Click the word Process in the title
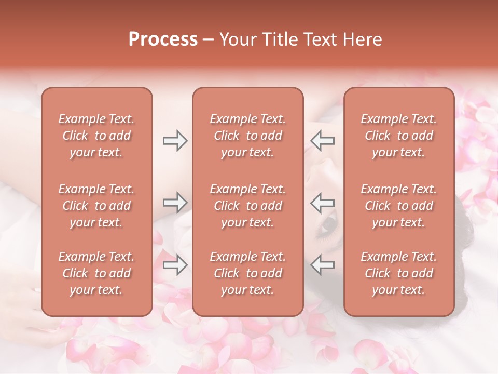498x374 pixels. [163, 39]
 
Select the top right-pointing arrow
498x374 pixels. [175, 141]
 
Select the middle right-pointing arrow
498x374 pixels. [175, 203]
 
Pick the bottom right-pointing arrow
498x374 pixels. [175, 265]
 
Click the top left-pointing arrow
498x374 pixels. [322, 141]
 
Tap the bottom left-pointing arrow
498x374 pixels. [322, 265]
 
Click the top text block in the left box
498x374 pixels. [96, 136]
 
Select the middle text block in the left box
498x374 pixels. [96, 206]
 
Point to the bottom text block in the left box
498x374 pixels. [96, 273]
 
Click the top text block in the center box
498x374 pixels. [248, 136]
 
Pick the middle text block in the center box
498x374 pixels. [248, 206]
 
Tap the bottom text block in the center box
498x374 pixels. [248, 273]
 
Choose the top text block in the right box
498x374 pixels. [399, 136]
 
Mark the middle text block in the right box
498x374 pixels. [399, 206]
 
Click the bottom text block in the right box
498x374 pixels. [399, 273]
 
